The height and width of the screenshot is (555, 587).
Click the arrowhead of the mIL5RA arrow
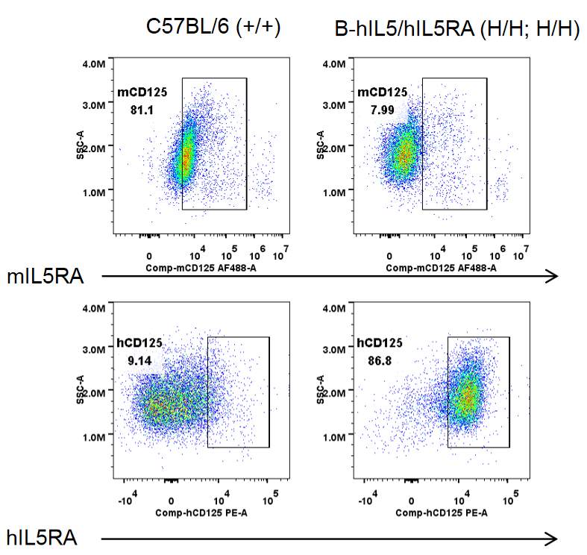[x=553, y=277]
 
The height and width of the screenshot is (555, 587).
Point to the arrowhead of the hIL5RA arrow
[x=553, y=538]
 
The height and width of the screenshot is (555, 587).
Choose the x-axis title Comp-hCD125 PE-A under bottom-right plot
[x=442, y=513]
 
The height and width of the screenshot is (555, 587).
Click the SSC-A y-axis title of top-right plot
[x=320, y=145]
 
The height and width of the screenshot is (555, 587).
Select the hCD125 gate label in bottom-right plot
[x=380, y=343]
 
